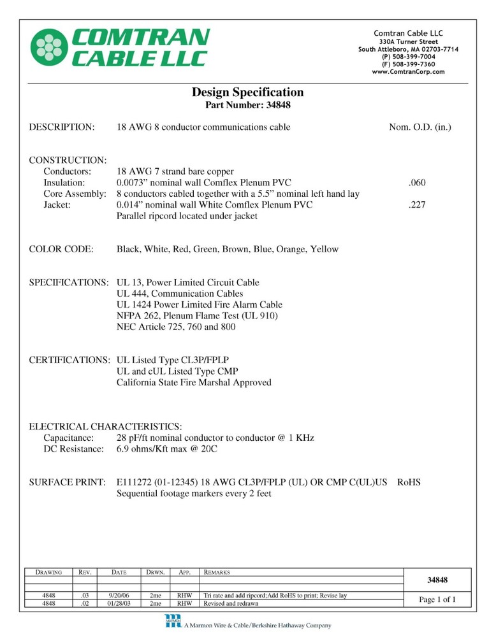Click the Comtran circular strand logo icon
pos(50,47)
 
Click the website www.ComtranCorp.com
pos(408,72)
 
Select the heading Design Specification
pos(248,92)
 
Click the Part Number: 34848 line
pos(248,104)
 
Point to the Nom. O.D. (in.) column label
pos(419,127)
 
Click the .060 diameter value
pos(417,183)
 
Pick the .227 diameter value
pos(417,206)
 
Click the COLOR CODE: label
pos(62,249)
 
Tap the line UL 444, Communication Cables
pos(180,294)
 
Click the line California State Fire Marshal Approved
pos(194,382)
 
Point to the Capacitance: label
pos(69,438)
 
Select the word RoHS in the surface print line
pos(409,482)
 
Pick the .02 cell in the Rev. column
pos(84,603)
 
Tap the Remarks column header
pos(216,573)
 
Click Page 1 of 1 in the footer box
pos(437,599)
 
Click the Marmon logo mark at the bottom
pos(173,621)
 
